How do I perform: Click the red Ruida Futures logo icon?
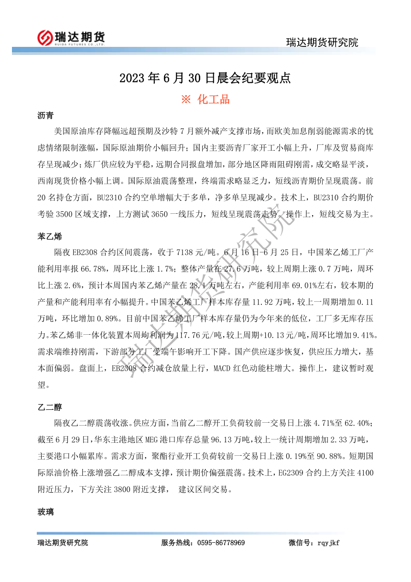pos(46,37)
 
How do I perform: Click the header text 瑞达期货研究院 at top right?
pos(322,43)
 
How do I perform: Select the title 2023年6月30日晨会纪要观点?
pos(205,78)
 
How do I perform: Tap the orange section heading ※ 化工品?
pos(205,99)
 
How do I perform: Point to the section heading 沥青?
pos(45,116)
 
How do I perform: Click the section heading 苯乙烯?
pos(50,236)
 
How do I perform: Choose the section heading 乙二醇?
pos(50,407)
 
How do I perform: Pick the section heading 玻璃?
pos(45,512)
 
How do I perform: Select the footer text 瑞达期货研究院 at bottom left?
pos(63,543)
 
